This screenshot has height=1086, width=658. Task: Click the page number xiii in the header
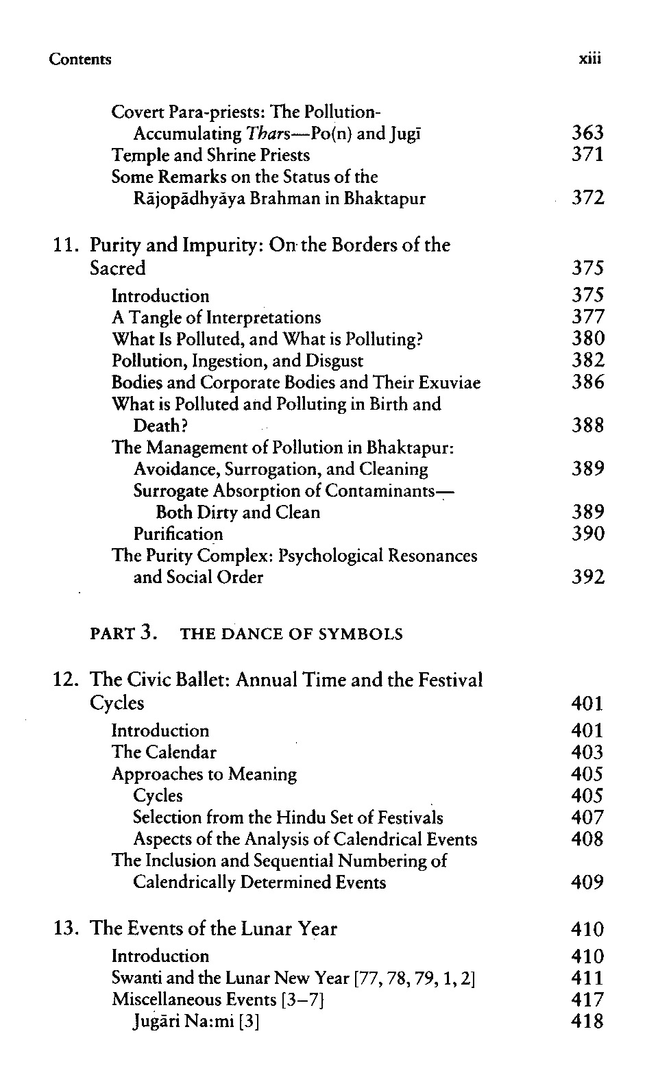589,59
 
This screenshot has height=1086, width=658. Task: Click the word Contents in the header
80,59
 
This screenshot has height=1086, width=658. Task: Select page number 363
587,133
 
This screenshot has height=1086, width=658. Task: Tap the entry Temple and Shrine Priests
210,155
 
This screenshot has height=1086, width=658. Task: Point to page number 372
587,199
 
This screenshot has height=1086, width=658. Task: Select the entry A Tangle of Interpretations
216,317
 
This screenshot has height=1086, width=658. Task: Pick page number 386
587,382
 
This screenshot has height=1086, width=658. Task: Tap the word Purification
178,534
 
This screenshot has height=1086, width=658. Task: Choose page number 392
587,578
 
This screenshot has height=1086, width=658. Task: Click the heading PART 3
124,634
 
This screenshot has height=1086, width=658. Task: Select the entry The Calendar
164,752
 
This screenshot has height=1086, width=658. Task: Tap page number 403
587,752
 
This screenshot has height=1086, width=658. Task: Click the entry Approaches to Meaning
204,774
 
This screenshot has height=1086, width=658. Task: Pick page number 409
587,883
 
